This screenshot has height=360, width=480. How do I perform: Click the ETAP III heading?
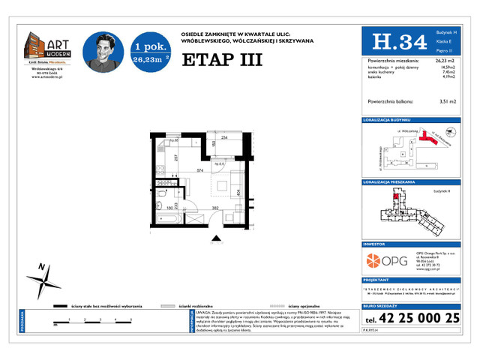click(222, 60)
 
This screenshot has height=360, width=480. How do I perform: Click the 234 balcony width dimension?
click(223, 137)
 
